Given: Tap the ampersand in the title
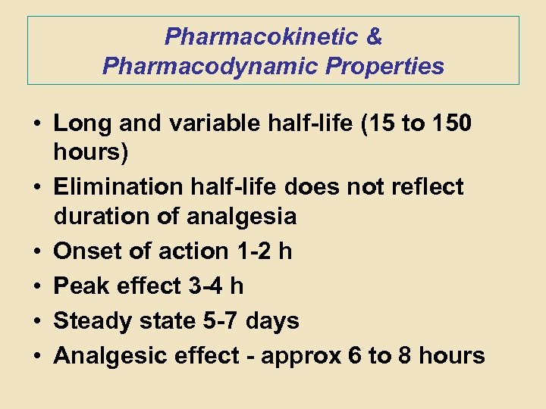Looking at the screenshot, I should pyautogui.click(x=374, y=36).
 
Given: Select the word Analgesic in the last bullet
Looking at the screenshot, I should pyautogui.click(x=106, y=355).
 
